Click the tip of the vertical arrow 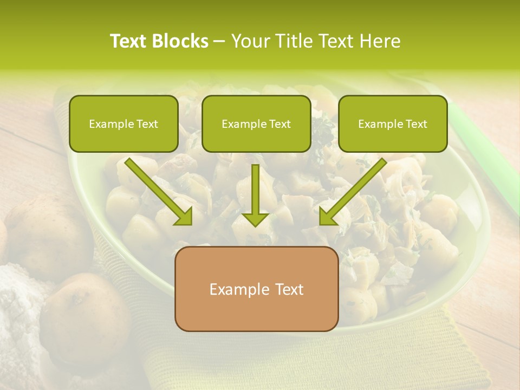[x=256, y=225]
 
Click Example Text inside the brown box [x=256, y=289]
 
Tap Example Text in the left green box [x=123, y=124]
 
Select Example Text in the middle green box [x=256, y=124]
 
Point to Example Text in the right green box [x=393, y=124]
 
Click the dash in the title [x=219, y=41]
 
